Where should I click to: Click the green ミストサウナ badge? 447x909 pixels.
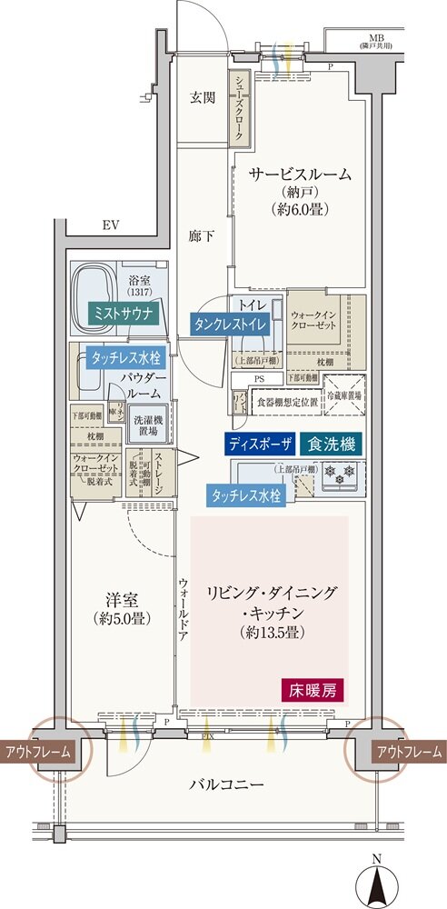coord(124,315)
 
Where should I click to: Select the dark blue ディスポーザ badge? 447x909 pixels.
coord(261,444)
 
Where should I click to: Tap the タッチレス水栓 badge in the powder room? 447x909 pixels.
coord(124,358)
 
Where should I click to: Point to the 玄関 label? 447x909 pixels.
coord(204,98)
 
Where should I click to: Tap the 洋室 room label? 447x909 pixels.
coord(122,600)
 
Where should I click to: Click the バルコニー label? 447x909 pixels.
coord(227,784)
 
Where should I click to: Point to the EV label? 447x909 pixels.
coord(111,225)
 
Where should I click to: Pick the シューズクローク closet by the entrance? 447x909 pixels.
coord(240,107)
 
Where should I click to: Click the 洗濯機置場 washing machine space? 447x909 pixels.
coord(147,425)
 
